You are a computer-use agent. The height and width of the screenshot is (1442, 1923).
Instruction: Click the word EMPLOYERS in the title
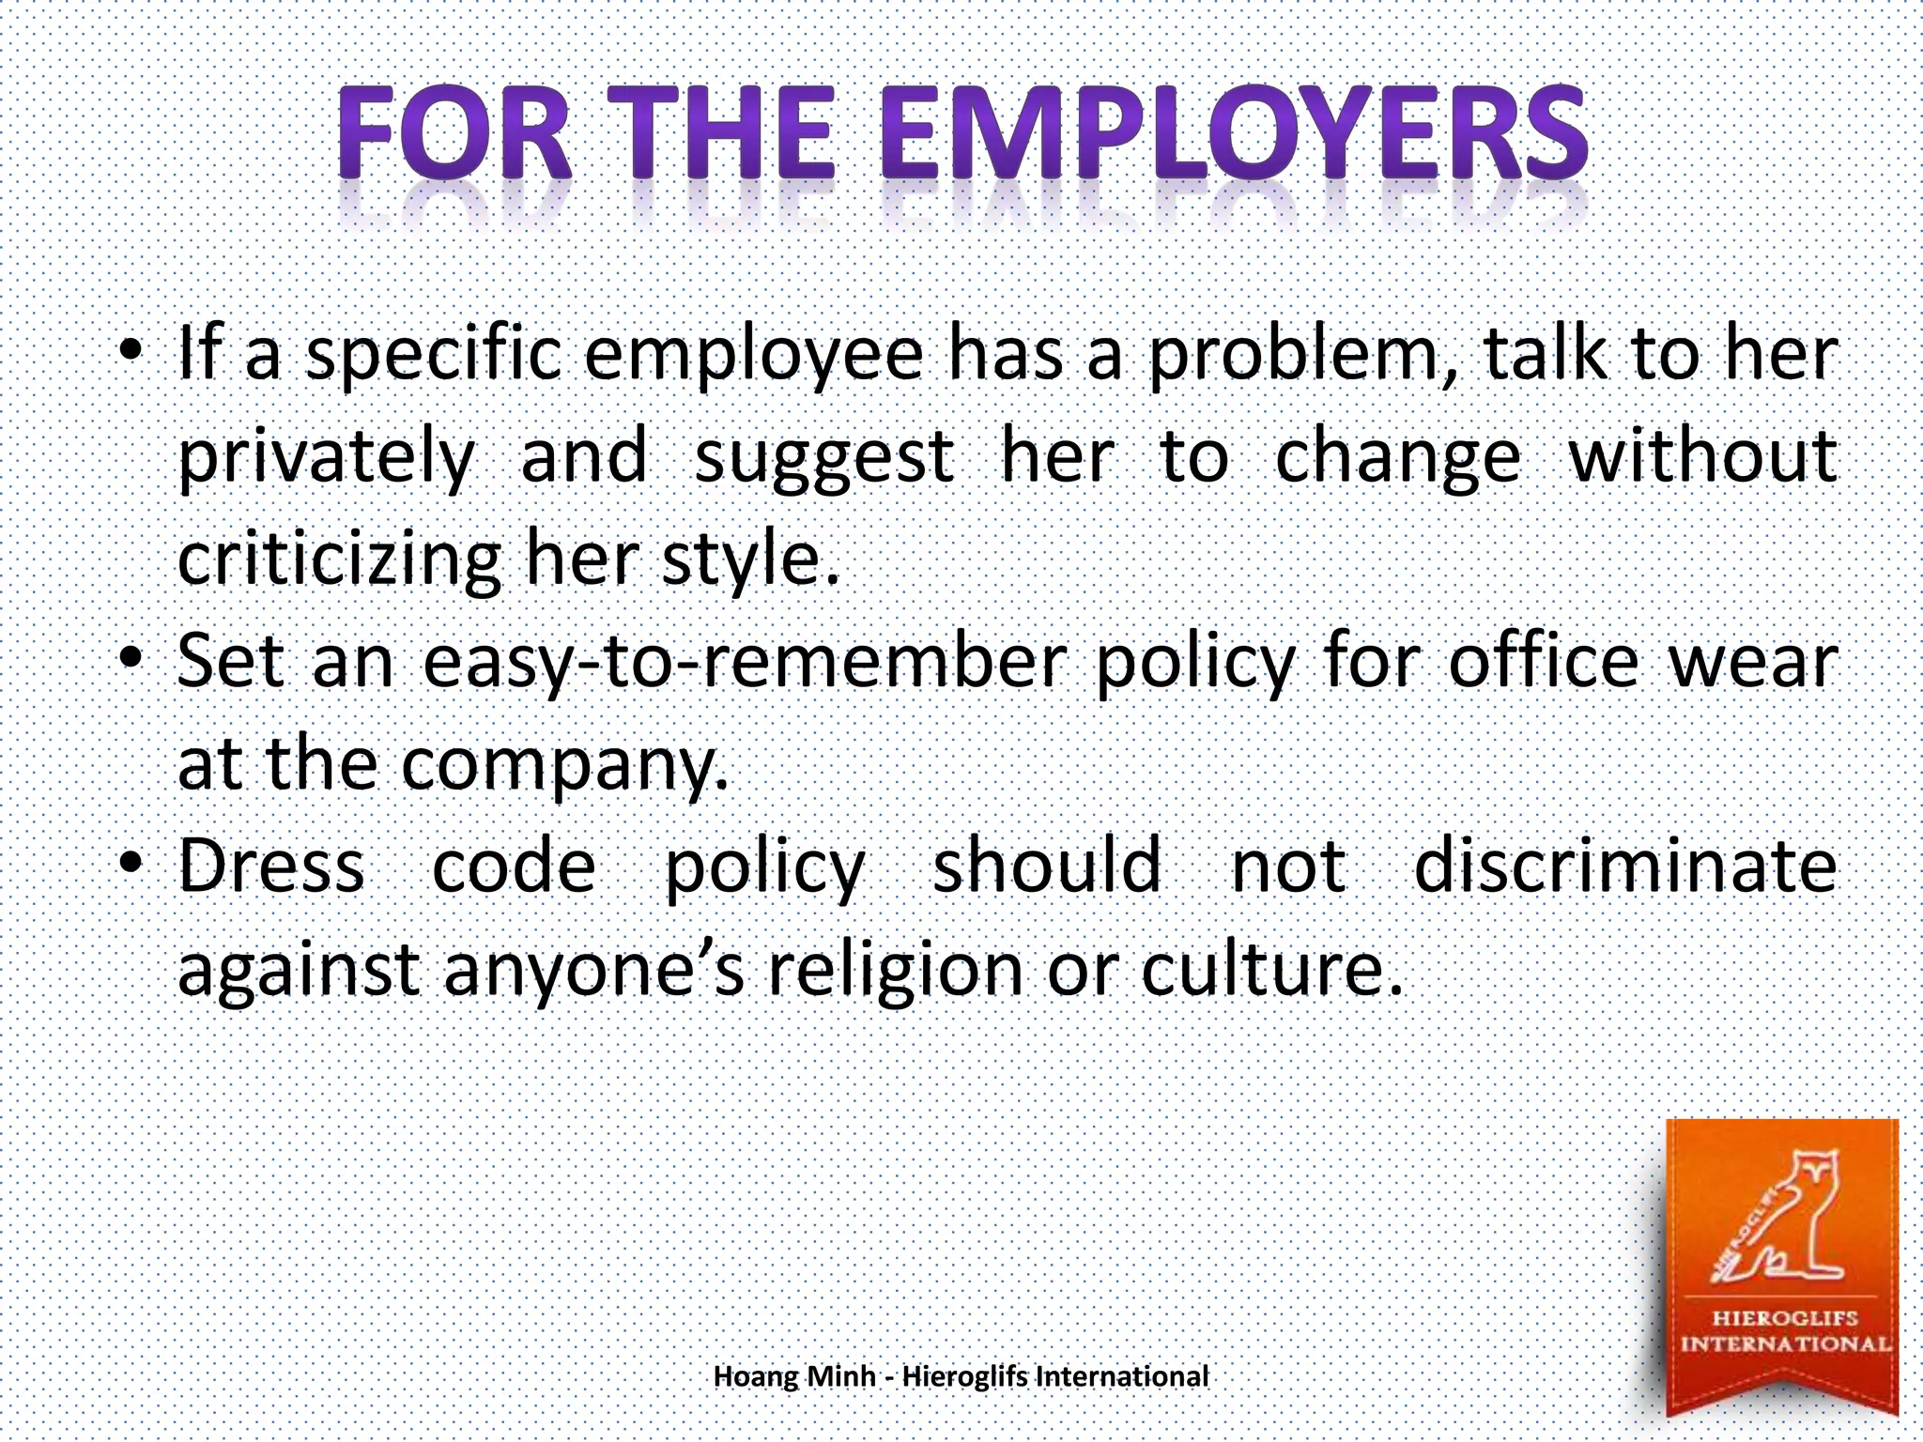click(x=1233, y=134)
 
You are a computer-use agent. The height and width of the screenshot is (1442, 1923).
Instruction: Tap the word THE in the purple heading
click(x=729, y=134)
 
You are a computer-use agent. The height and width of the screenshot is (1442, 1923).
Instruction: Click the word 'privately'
click(x=326, y=459)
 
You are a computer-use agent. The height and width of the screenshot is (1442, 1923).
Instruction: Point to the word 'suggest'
click(x=823, y=459)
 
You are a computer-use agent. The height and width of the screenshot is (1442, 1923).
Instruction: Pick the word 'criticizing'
click(x=339, y=561)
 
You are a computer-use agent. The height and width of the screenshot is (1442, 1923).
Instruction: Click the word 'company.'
click(x=564, y=766)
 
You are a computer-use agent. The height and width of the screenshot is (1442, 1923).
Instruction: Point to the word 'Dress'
click(x=271, y=867)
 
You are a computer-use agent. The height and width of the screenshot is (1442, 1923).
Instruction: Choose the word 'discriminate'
click(x=1624, y=867)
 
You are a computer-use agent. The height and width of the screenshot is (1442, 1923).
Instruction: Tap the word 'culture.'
click(x=1272, y=970)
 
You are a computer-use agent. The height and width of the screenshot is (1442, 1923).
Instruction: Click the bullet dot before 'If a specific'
click(x=131, y=353)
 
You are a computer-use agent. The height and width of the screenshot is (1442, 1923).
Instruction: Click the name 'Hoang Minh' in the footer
click(x=794, y=1376)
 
